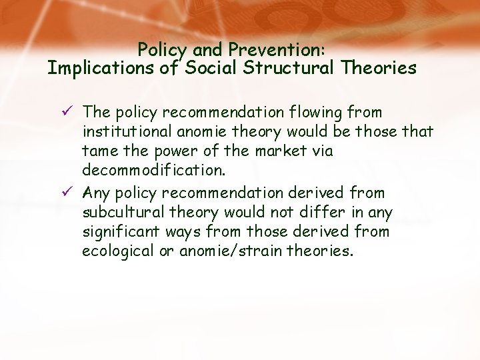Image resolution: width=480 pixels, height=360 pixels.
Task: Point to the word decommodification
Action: pos(154,171)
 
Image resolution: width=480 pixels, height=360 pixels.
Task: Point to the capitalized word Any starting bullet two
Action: pos(96,193)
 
